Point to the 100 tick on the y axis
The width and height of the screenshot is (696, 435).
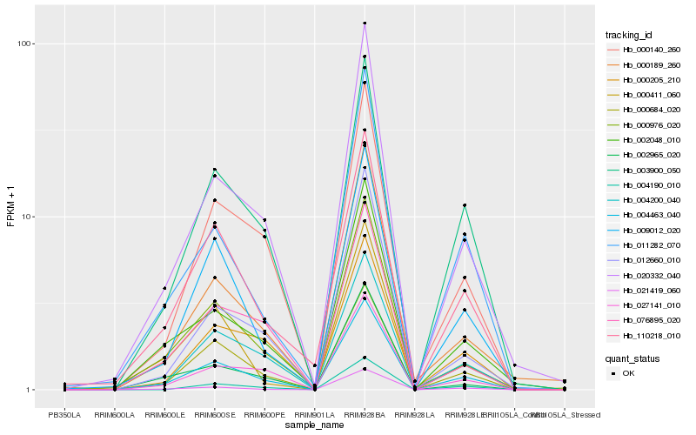25,43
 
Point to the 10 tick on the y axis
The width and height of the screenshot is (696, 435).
28,217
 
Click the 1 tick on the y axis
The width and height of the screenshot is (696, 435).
30,390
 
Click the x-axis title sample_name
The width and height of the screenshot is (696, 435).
313,425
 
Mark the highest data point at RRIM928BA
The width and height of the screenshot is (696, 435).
365,23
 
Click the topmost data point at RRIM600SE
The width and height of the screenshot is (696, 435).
214,169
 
